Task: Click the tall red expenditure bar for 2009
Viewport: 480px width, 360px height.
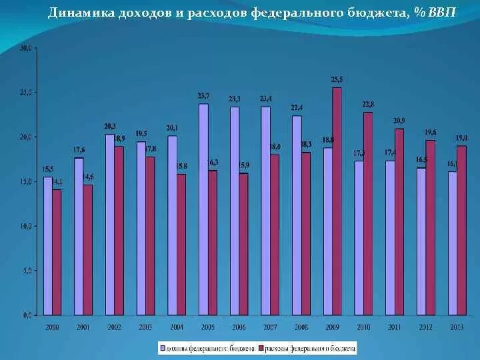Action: coord(337,201)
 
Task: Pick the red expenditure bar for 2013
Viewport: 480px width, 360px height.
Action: coord(461,230)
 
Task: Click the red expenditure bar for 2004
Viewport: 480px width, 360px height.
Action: coord(181,244)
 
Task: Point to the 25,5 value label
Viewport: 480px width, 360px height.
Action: coord(337,80)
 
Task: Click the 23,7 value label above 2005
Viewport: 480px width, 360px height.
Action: coord(203,96)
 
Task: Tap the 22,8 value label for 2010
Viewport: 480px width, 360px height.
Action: coord(368,104)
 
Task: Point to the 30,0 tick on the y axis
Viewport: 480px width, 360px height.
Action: coord(25,48)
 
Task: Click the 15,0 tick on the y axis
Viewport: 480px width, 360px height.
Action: coord(25,181)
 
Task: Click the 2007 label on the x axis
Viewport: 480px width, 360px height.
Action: coord(270,327)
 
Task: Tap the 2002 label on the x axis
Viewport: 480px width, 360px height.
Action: coord(114,327)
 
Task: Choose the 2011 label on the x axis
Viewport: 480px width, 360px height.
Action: coord(395,327)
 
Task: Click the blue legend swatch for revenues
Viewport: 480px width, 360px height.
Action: coord(161,348)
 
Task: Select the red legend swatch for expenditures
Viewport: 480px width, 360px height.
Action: coord(261,348)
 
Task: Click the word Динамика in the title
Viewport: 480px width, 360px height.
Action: coord(75,13)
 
